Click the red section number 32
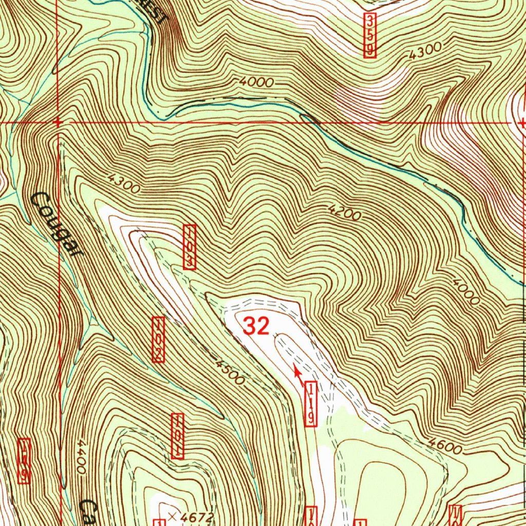coord(256,326)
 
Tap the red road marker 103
coord(190,247)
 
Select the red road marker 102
coord(159,339)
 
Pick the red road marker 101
coord(178,436)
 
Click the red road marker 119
coord(311,404)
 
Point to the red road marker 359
coord(370,35)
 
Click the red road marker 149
coord(24,461)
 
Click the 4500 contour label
coord(229,373)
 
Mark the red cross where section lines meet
coord(58,122)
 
